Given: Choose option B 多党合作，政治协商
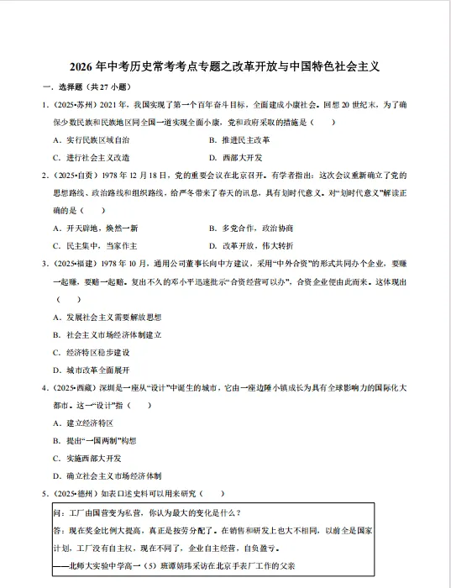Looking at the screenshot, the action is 251,228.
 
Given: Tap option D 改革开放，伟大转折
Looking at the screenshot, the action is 251,245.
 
